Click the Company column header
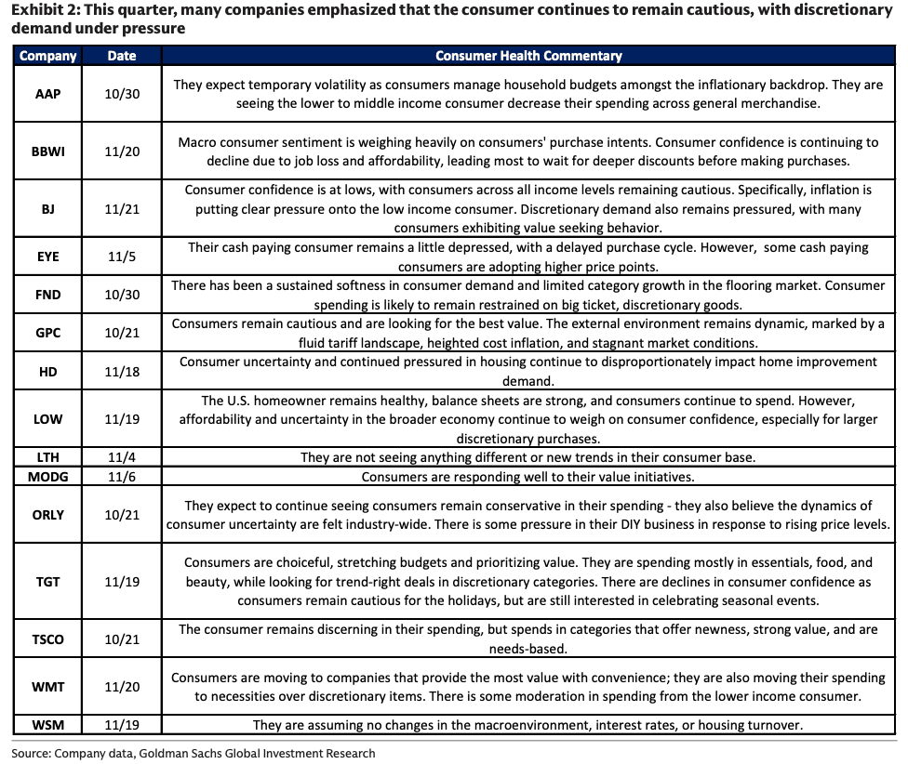tap(48, 56)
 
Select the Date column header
tap(122, 56)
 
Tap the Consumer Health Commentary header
tap(528, 56)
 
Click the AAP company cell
tap(48, 94)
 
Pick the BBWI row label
tap(48, 151)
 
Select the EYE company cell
tap(48, 257)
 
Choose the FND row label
tap(48, 296)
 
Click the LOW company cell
tap(48, 419)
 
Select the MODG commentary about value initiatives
tap(528, 477)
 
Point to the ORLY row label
tap(48, 515)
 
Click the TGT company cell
tap(48, 582)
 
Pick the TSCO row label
tap(48, 639)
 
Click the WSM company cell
tap(48, 725)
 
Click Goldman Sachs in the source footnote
tap(184, 753)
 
